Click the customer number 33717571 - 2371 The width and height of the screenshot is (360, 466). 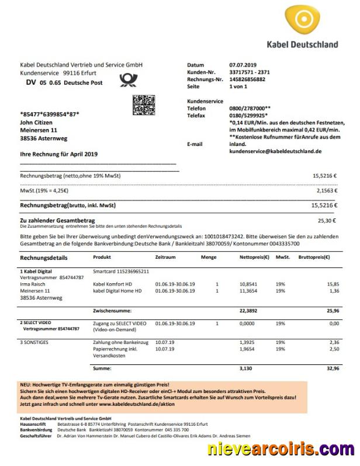(250, 72)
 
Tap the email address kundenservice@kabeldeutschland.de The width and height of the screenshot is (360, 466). (275, 151)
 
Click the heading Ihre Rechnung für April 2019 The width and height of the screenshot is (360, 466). (59, 155)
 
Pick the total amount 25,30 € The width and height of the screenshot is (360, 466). (327, 221)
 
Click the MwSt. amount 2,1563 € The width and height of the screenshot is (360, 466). (327, 190)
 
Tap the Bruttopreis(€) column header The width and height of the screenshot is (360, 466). (314, 258)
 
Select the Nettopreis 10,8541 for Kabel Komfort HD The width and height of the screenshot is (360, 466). (249, 284)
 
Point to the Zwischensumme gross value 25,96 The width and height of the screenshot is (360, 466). (334, 311)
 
